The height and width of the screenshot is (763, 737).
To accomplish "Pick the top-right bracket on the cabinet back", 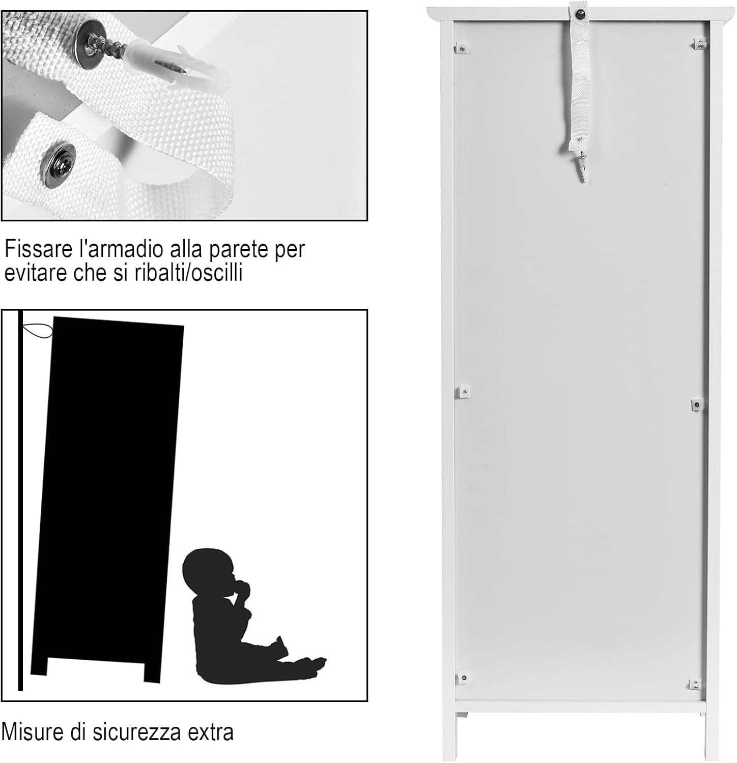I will [x=700, y=44].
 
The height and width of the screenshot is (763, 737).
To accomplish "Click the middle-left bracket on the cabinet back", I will [x=464, y=392].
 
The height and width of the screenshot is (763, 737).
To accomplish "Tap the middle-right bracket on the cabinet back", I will [x=697, y=404].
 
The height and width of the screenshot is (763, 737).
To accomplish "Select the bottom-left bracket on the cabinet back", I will [x=464, y=678].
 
